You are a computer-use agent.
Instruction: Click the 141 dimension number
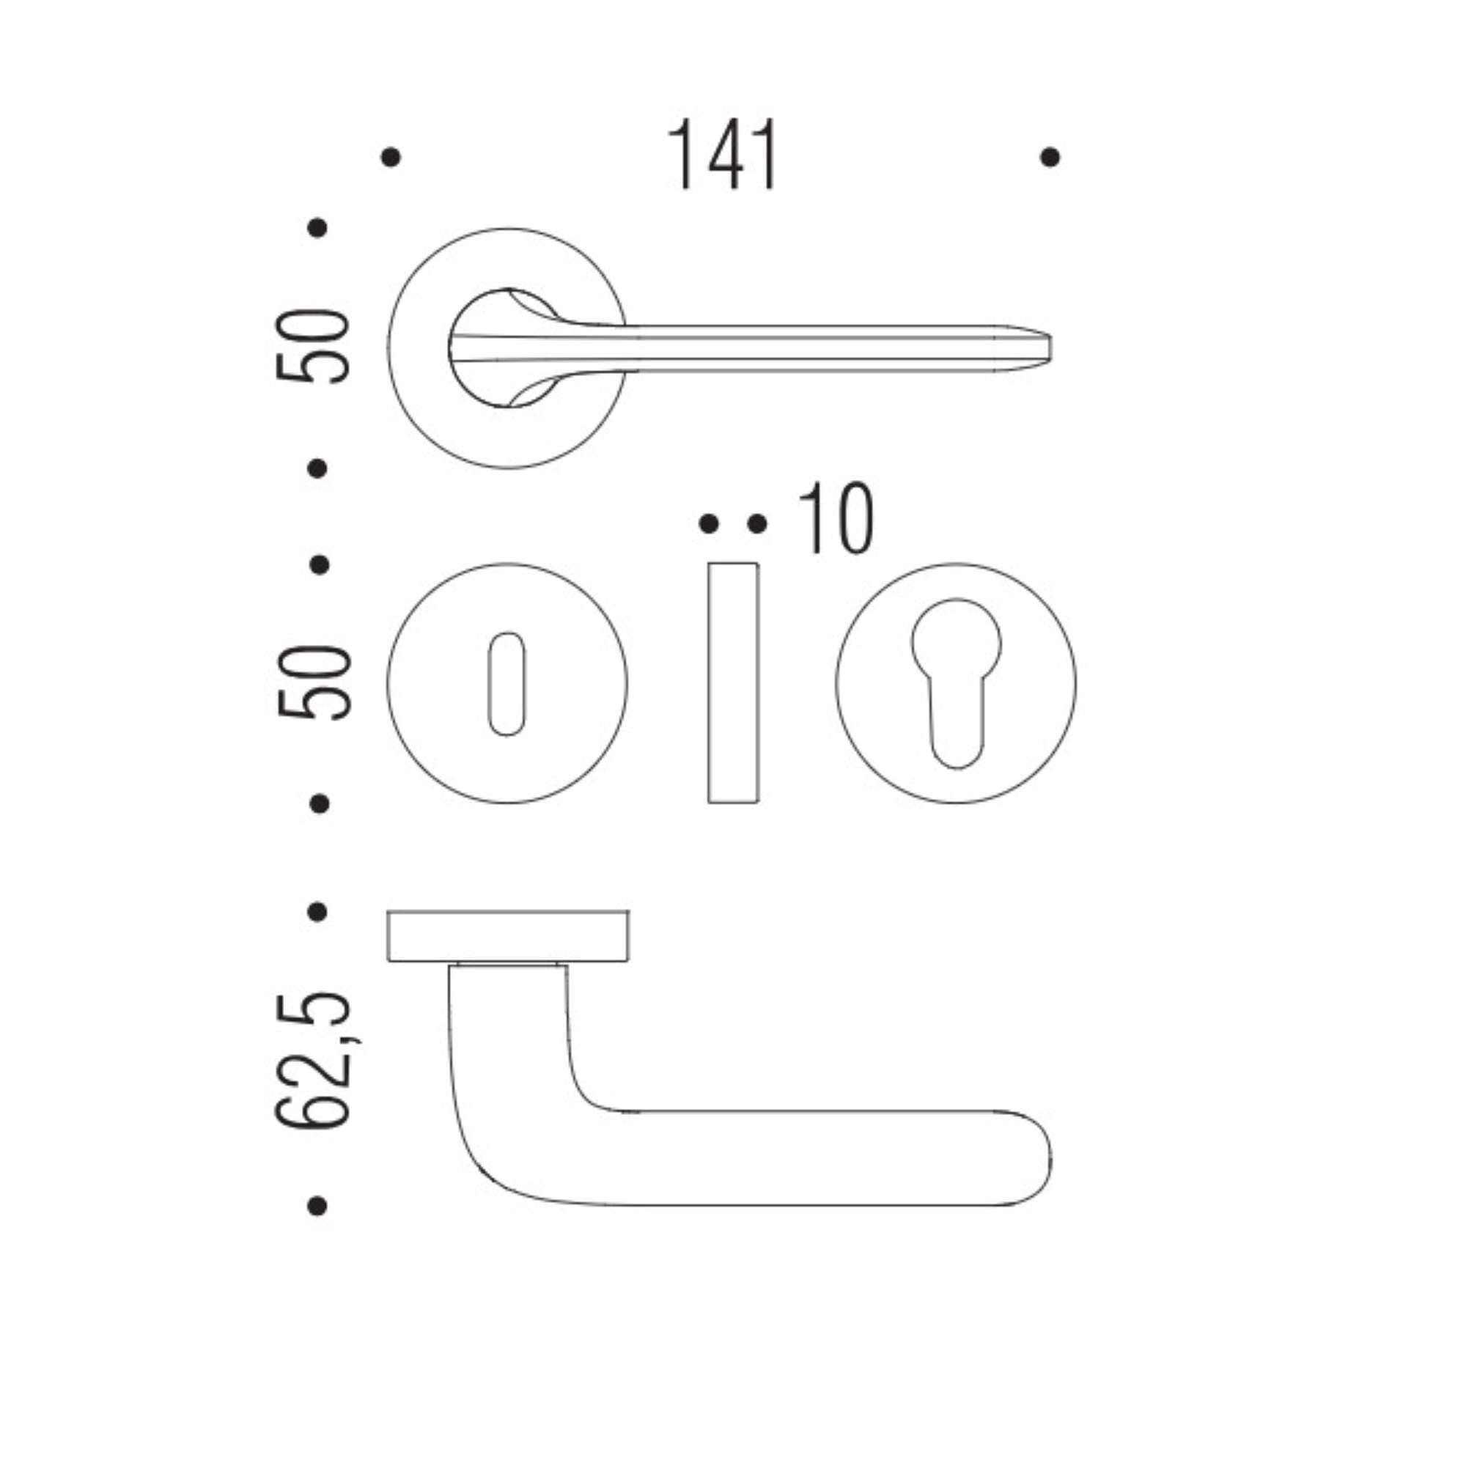[723, 155]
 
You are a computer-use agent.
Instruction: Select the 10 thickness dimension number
[836, 519]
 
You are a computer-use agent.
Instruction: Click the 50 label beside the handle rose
[313, 346]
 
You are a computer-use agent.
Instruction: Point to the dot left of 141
[391, 158]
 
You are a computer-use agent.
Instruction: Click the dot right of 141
[1050, 158]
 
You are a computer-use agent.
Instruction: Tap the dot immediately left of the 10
[756, 523]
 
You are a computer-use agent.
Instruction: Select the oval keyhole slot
[506, 684]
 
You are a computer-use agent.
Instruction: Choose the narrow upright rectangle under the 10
[733, 683]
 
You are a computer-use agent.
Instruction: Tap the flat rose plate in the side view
[508, 935]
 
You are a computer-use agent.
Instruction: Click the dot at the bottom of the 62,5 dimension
[318, 1205]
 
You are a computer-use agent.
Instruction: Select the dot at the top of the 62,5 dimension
[318, 911]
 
